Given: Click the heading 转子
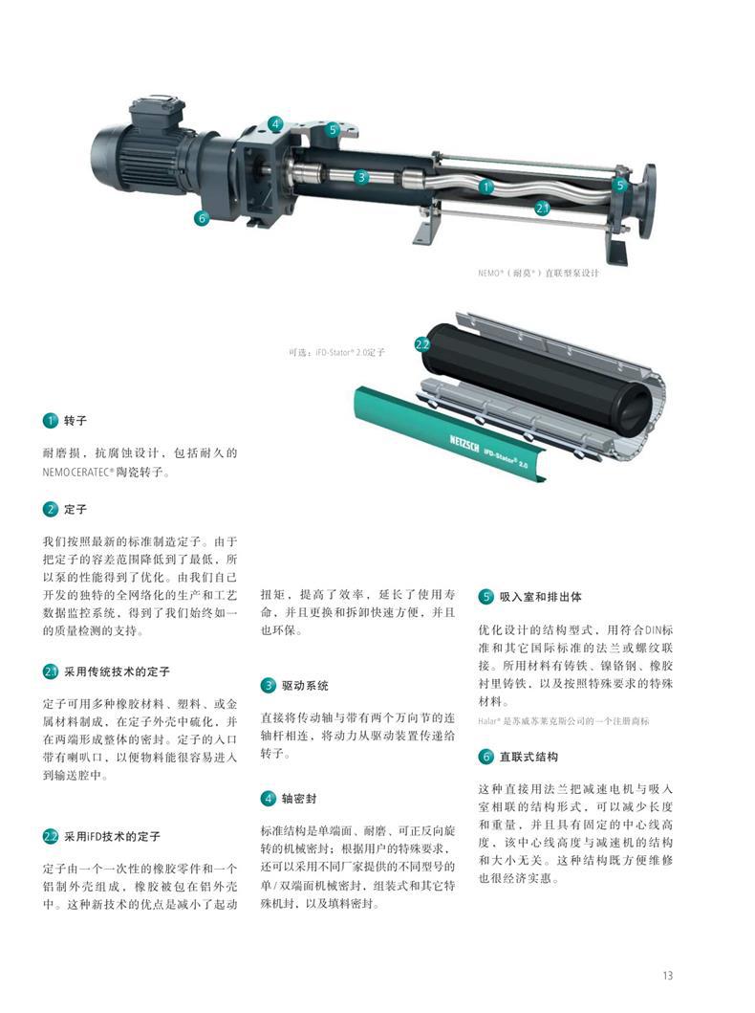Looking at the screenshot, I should pos(75,420).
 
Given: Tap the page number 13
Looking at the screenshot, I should pos(666,975).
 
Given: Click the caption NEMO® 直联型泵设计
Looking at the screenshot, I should pos(538,273).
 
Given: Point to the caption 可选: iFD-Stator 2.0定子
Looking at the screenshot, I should pos(336,352).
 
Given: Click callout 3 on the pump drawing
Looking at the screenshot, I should pos(361,176).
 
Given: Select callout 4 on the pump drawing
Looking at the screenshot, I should pos(275,123).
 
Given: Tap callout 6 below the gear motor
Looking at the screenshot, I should pos(202,218).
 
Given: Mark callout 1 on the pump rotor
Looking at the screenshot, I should pos(485,187).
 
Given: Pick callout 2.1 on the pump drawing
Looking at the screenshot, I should pos(541,208).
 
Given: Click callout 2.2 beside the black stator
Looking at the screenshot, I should pos(422,343).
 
